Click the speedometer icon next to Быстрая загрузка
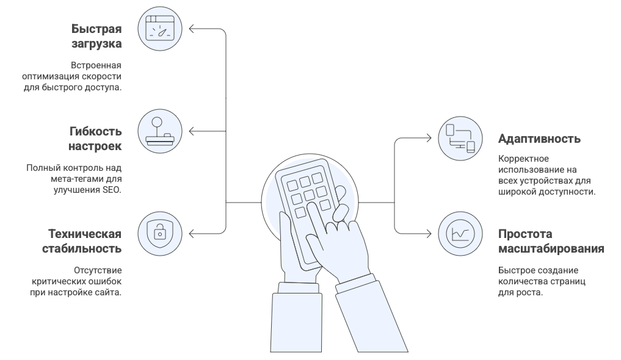coord(160,28)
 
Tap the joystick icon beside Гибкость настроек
coord(160,131)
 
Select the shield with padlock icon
coord(160,232)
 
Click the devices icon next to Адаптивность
coord(461,139)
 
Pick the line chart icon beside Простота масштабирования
coord(461,232)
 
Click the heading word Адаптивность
coord(539,139)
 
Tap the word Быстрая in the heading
coord(96,29)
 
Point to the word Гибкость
coord(96,132)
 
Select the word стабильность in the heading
coord(82,249)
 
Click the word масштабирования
coord(551,249)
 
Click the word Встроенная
coord(96,65)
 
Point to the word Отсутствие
coord(98,270)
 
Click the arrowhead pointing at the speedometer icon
coord(191,28)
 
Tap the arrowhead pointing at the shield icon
coord(191,232)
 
